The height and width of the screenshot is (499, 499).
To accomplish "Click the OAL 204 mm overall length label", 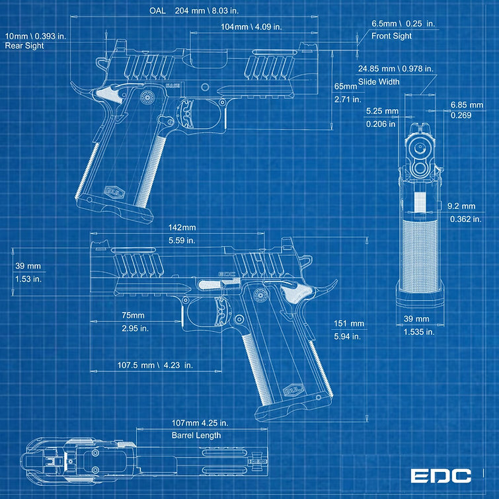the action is pyautogui.click(x=194, y=11).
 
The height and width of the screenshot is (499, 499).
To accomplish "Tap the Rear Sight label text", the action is pyautogui.click(x=24, y=46).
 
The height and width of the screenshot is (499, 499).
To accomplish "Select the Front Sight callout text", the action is pyautogui.click(x=391, y=36).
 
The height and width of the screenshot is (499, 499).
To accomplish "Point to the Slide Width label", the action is pyautogui.click(x=379, y=82).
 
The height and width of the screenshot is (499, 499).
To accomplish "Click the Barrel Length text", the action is pyautogui.click(x=196, y=435).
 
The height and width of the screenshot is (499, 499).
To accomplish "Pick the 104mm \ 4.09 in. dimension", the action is pyautogui.click(x=251, y=26).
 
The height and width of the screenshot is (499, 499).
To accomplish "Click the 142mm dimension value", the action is pyautogui.click(x=182, y=227).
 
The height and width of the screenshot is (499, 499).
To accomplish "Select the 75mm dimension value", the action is pyautogui.click(x=133, y=315).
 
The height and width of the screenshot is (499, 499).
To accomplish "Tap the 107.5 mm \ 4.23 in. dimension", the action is pyautogui.click(x=155, y=365).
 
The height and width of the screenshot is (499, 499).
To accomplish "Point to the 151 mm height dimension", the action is pyautogui.click(x=349, y=324).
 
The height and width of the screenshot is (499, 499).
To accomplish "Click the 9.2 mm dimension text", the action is pyautogui.click(x=461, y=206).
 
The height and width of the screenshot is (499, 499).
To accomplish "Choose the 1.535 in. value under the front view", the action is pyautogui.click(x=419, y=332).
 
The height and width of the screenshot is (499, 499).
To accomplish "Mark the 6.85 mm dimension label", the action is pyautogui.click(x=467, y=104).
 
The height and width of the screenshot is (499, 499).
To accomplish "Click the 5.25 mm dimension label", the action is pyautogui.click(x=382, y=111).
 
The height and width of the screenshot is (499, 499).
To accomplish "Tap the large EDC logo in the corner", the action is pyautogui.click(x=440, y=476).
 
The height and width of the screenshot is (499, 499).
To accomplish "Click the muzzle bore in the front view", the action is pyautogui.click(x=421, y=147).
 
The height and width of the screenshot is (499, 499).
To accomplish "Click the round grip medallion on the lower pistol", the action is pyautogui.click(x=260, y=295).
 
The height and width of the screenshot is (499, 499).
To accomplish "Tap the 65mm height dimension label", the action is pyautogui.click(x=346, y=87).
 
